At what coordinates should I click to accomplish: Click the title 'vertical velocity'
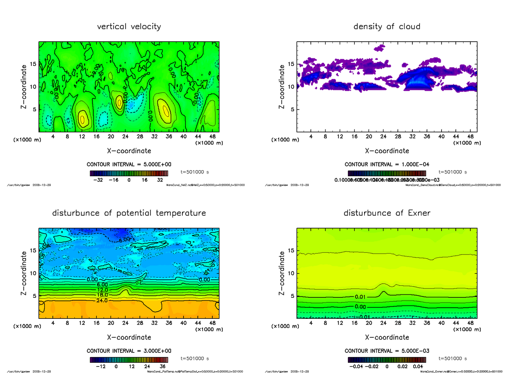click(129, 27)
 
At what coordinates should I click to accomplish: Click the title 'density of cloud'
click(387, 27)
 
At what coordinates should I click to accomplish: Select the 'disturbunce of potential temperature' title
click(129, 213)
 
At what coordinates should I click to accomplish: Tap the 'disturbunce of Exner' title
click(387, 213)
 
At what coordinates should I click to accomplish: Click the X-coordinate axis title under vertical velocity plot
click(129, 151)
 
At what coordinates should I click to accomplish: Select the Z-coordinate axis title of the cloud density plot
click(282, 86)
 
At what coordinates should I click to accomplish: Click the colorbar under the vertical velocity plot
click(129, 174)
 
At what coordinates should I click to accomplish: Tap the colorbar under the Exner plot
click(387, 360)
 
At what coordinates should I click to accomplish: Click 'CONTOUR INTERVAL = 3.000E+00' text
click(129, 351)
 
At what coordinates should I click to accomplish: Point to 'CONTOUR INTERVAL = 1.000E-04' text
click(387, 164)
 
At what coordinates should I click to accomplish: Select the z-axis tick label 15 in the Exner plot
click(291, 251)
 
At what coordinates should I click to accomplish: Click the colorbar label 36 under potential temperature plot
click(163, 367)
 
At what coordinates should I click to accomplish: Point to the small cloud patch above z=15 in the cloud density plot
click(380, 48)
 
